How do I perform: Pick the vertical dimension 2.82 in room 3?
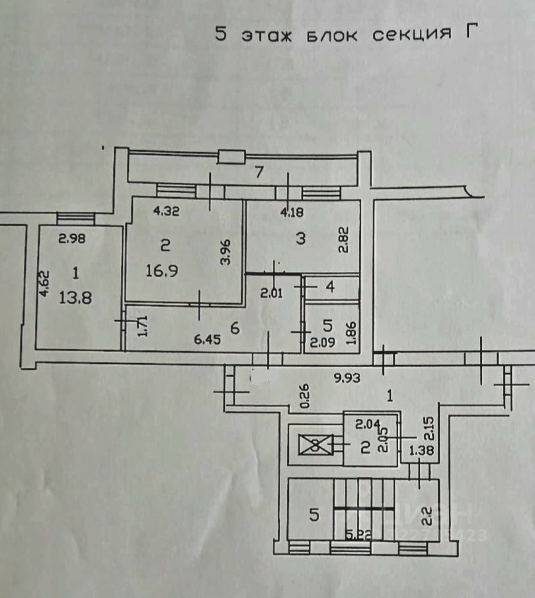point(343,240)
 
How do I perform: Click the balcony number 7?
point(259,173)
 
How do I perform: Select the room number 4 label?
point(330,288)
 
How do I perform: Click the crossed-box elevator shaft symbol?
point(315,445)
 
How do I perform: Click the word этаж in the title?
point(268,34)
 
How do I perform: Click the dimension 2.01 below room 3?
point(270,292)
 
